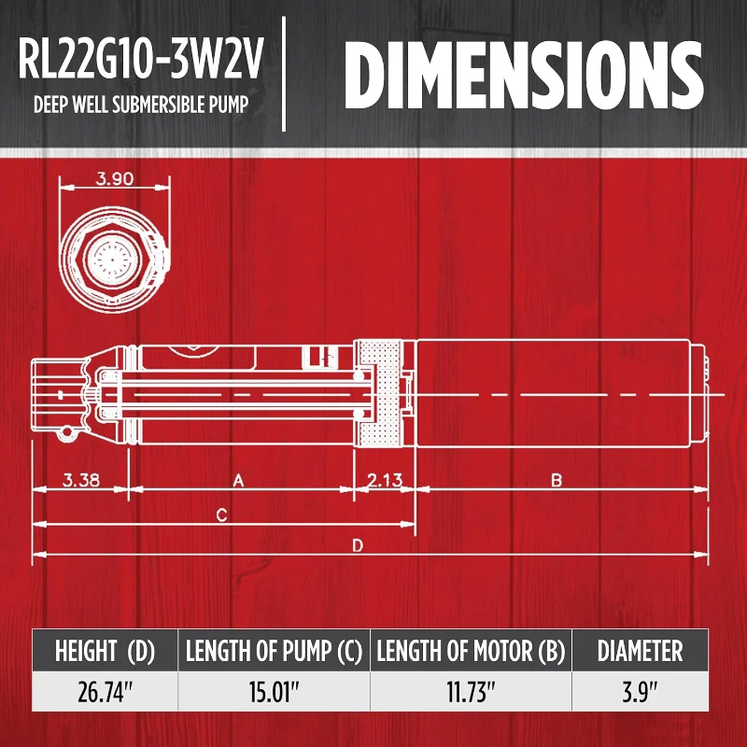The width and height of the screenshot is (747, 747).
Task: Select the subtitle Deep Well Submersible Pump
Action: [141, 103]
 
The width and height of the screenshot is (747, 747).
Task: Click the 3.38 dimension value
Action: [81, 482]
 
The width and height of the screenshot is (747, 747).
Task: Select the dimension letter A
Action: [238, 482]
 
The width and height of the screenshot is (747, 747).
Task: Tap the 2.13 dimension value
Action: [385, 482]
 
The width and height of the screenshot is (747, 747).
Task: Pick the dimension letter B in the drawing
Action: [556, 482]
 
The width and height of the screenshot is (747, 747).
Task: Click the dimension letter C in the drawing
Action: [221, 514]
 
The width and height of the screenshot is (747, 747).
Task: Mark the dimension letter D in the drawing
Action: [357, 547]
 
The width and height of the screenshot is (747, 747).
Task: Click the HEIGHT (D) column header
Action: [105, 651]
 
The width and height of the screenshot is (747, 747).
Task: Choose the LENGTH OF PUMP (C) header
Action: [274, 651]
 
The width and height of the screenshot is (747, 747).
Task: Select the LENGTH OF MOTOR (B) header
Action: [471, 651]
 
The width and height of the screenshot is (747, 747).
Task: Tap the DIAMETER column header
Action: [640, 651]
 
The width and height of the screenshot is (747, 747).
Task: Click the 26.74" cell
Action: [105, 695]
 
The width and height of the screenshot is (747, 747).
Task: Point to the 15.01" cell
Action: [274, 695]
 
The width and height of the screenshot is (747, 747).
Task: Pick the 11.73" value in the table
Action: [471, 695]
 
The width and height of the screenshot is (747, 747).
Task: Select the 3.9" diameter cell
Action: [640, 695]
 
